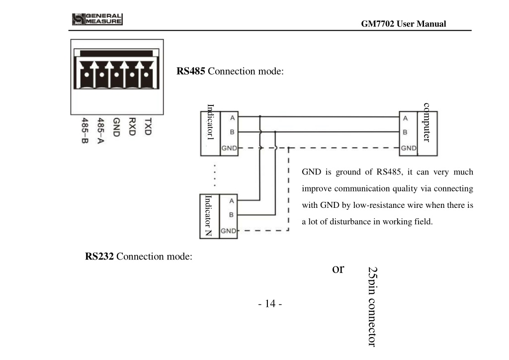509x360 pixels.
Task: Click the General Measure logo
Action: click(x=97, y=19)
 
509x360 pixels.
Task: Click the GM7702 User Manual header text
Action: click(x=404, y=24)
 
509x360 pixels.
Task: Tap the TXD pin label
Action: click(x=148, y=127)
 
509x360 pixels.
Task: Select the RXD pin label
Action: click(x=132, y=127)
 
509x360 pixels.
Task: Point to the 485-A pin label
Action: click(x=100, y=130)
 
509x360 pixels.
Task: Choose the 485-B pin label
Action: click(x=85, y=130)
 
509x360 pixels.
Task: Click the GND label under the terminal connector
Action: click(x=116, y=127)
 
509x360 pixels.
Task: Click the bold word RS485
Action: click(x=190, y=71)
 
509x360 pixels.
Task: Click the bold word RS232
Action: click(x=99, y=257)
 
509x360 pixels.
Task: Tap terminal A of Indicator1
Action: click(x=232, y=118)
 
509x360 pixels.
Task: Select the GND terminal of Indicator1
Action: click(x=229, y=148)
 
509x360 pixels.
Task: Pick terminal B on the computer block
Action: click(x=405, y=132)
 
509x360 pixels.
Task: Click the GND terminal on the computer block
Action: click(x=409, y=148)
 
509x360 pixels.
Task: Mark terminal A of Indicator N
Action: click(x=232, y=201)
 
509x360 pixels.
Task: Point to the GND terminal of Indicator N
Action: click(x=229, y=231)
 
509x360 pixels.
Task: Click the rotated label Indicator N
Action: click(x=208, y=215)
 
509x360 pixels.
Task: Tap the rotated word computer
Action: click(x=426, y=122)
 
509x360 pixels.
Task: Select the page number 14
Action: click(x=270, y=303)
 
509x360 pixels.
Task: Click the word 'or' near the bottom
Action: click(x=338, y=269)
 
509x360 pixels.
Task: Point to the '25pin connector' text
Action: click(x=373, y=307)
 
